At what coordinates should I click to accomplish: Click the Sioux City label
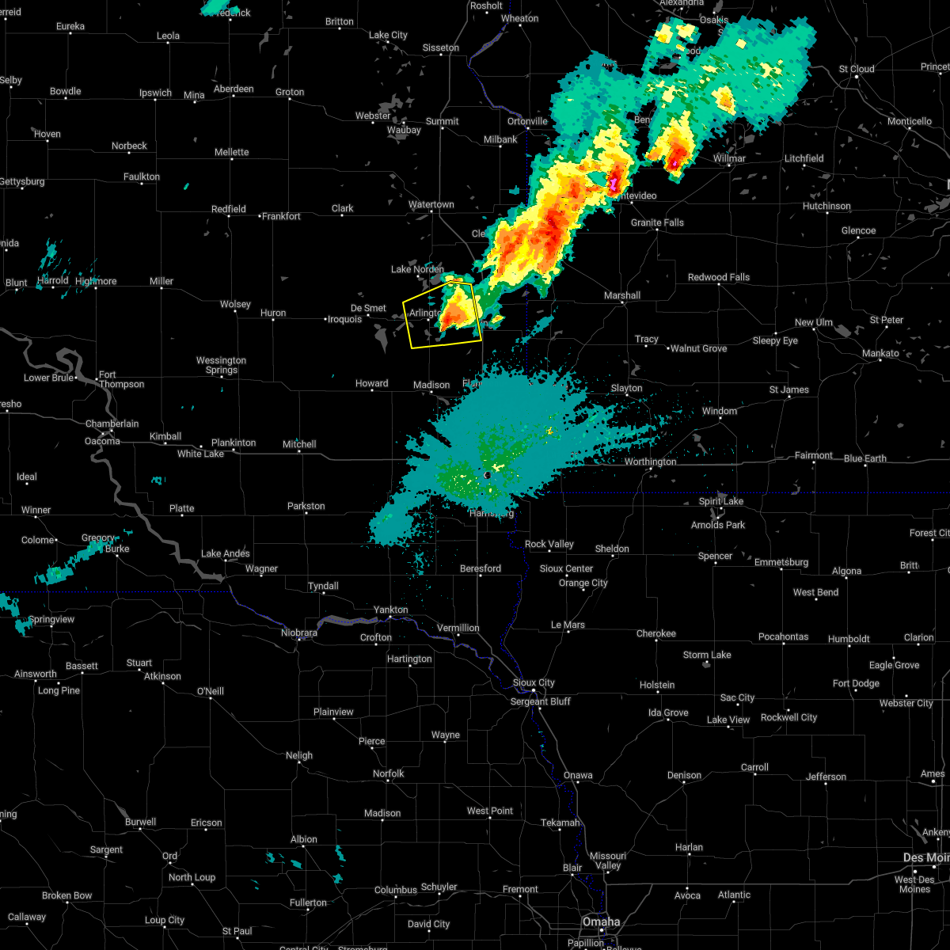pyautogui.click(x=534, y=682)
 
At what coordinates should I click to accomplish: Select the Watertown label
pyautogui.click(x=431, y=205)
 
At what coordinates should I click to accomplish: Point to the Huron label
pyautogui.click(x=273, y=313)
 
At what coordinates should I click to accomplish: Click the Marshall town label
pyautogui.click(x=622, y=295)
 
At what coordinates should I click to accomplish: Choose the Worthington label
pyautogui.click(x=650, y=462)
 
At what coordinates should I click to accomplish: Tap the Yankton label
pyautogui.click(x=391, y=610)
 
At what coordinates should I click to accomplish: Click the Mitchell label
pyautogui.click(x=299, y=444)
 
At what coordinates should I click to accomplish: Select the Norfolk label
pyautogui.click(x=388, y=773)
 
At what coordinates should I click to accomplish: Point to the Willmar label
pyautogui.click(x=729, y=158)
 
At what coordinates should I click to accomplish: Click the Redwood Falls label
pyautogui.click(x=718, y=277)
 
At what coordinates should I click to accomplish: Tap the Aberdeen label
pyautogui.click(x=234, y=89)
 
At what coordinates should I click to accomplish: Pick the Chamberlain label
pyautogui.click(x=112, y=424)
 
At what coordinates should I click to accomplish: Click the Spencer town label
pyautogui.click(x=715, y=556)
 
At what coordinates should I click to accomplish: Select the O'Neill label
pyautogui.click(x=210, y=691)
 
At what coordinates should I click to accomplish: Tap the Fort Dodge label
pyautogui.click(x=855, y=683)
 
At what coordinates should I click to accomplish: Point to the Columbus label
pyautogui.click(x=395, y=890)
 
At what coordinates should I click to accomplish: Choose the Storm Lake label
pyautogui.click(x=707, y=655)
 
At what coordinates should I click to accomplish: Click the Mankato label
pyautogui.click(x=880, y=354)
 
